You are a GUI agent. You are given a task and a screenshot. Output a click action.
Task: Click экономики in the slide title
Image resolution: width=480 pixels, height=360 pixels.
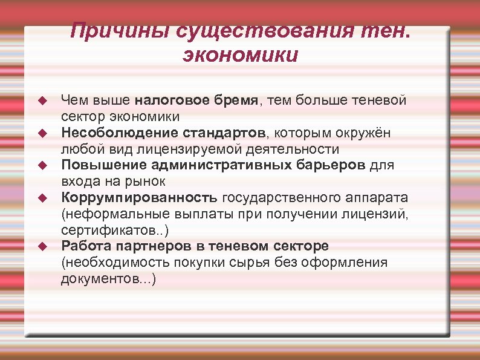point(240,56)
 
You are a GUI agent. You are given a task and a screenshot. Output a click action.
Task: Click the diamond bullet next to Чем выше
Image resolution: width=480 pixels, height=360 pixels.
point(42,99)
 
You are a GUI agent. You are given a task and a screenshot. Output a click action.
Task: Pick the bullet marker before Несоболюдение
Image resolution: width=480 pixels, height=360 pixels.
point(42,132)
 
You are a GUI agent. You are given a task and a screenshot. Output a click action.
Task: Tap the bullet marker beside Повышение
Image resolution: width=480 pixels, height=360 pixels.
point(42,165)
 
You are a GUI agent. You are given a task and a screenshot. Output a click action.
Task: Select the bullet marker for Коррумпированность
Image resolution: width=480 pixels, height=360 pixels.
point(42,197)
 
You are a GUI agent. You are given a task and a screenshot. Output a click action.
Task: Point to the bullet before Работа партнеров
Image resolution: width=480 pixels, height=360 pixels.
point(42,246)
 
